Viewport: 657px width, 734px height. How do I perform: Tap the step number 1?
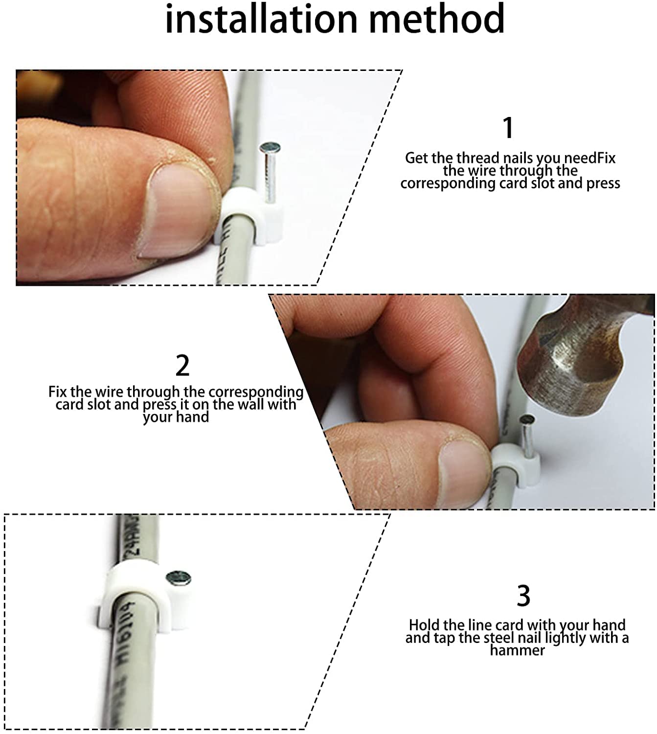(508, 128)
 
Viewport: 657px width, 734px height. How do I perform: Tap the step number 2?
(182, 366)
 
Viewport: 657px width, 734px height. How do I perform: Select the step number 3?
(523, 596)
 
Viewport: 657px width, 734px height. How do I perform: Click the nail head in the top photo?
(270, 148)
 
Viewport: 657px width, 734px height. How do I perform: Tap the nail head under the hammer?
(527, 419)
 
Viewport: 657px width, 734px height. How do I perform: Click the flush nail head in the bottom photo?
(178, 577)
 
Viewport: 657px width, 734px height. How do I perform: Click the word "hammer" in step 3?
(517, 650)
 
